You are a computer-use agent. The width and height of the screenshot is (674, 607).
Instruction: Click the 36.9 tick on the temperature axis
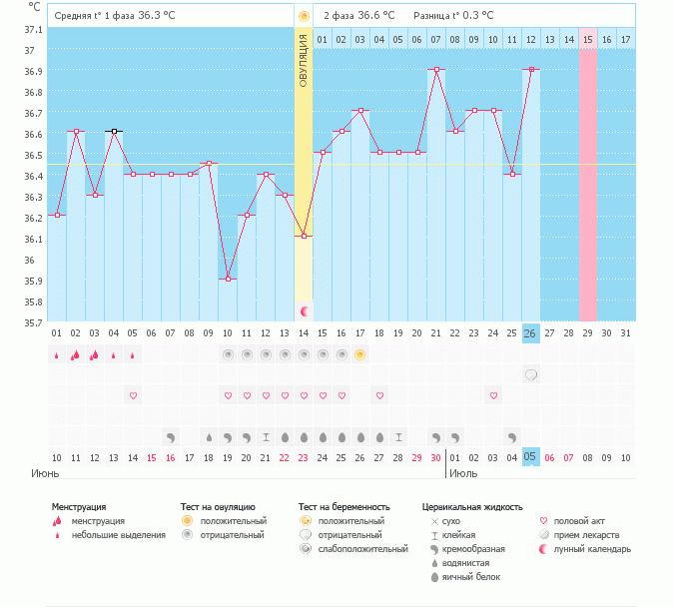point(33,71)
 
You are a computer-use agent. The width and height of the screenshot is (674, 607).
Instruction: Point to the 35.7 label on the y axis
point(33,322)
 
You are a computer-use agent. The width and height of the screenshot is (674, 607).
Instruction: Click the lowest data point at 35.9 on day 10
point(228,279)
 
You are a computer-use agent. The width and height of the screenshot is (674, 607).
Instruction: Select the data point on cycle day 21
point(436,69)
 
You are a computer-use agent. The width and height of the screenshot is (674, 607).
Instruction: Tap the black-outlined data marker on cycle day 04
point(114,132)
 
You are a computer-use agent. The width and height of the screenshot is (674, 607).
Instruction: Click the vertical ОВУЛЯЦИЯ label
point(304,60)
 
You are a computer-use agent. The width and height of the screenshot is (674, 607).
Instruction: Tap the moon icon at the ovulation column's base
point(304,311)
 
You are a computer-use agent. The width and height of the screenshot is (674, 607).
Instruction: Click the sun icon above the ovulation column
point(304,16)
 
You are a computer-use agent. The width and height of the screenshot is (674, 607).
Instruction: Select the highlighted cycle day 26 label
point(531,333)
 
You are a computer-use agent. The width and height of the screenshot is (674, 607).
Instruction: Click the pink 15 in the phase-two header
point(588,39)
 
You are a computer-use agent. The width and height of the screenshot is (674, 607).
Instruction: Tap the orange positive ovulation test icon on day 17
point(360,354)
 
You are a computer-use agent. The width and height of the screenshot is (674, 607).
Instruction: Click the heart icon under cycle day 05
point(133,396)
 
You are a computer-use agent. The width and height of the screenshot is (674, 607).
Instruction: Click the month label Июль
point(463,474)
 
